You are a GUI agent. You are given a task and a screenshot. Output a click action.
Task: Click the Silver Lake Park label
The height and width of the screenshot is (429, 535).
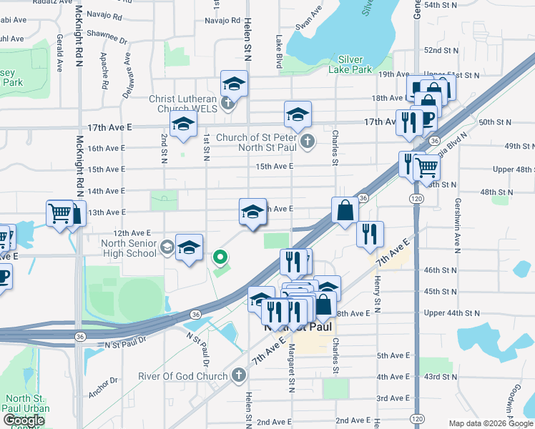(350, 64)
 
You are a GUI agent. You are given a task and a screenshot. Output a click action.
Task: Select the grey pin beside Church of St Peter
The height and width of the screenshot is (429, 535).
(308, 139)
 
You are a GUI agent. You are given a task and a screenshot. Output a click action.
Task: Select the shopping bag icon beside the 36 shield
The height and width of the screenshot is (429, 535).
(345, 211)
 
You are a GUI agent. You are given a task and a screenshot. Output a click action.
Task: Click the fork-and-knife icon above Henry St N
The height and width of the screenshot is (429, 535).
(370, 234)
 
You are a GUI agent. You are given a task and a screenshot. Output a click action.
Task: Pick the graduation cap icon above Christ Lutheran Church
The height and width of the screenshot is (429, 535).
(234, 84)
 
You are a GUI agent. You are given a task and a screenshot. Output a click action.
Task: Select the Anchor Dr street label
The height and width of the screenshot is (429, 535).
(104, 393)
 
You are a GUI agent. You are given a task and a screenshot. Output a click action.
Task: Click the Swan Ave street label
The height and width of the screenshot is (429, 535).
(305, 23)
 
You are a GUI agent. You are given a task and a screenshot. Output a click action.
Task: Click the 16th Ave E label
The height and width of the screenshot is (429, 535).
(106, 148)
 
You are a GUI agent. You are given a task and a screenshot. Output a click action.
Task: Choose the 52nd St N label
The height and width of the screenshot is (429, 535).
(441, 51)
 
